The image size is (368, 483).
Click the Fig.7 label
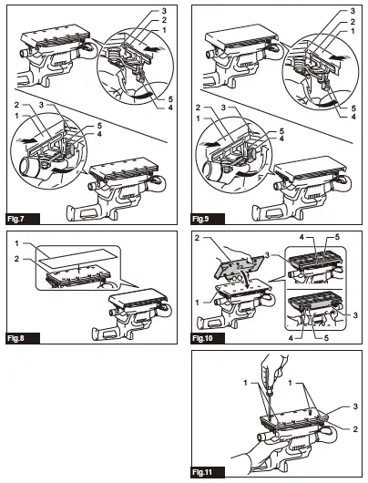pyautogui.click(x=16, y=220)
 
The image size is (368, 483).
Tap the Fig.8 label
pyautogui.click(x=16, y=338)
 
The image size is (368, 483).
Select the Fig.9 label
pyautogui.click(x=200, y=220)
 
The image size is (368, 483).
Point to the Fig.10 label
pyautogui.click(x=202, y=338)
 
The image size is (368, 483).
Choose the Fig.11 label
pyautogui.click(x=202, y=472)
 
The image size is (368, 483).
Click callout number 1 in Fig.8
pyautogui.click(x=17, y=243)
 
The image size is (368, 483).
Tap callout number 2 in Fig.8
pyautogui.click(x=17, y=259)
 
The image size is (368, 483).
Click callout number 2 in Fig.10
pyautogui.click(x=198, y=238)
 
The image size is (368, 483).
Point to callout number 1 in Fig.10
pyautogui.click(x=198, y=303)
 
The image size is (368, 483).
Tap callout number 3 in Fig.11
pyautogui.click(x=355, y=406)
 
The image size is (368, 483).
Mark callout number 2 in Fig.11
pyautogui.click(x=355, y=429)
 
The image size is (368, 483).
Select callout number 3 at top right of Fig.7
pyautogui.click(x=164, y=11)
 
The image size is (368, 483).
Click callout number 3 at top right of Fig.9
pyautogui.click(x=353, y=11)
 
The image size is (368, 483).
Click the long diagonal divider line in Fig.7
pyautogui.click(x=90, y=116)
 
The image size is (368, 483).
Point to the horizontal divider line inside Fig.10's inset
pyautogui.click(x=314, y=289)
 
